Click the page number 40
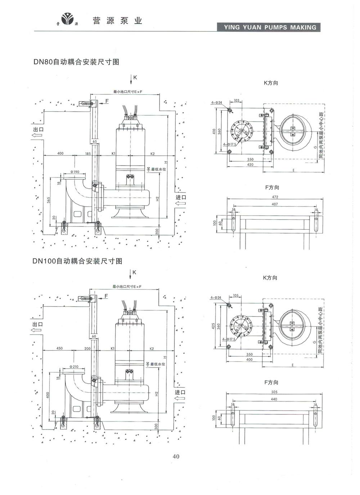click(176, 456)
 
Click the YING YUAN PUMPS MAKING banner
click(270, 27)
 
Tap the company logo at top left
click(67, 20)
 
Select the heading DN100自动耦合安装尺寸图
click(77, 261)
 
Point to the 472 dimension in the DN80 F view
click(275, 197)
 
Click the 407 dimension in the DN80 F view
click(275, 204)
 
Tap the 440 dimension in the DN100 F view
click(274, 399)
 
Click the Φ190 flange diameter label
click(75, 172)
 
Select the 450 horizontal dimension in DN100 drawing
click(59, 348)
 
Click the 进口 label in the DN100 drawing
click(180, 392)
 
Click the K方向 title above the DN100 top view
click(271, 278)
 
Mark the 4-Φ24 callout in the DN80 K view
click(217, 103)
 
